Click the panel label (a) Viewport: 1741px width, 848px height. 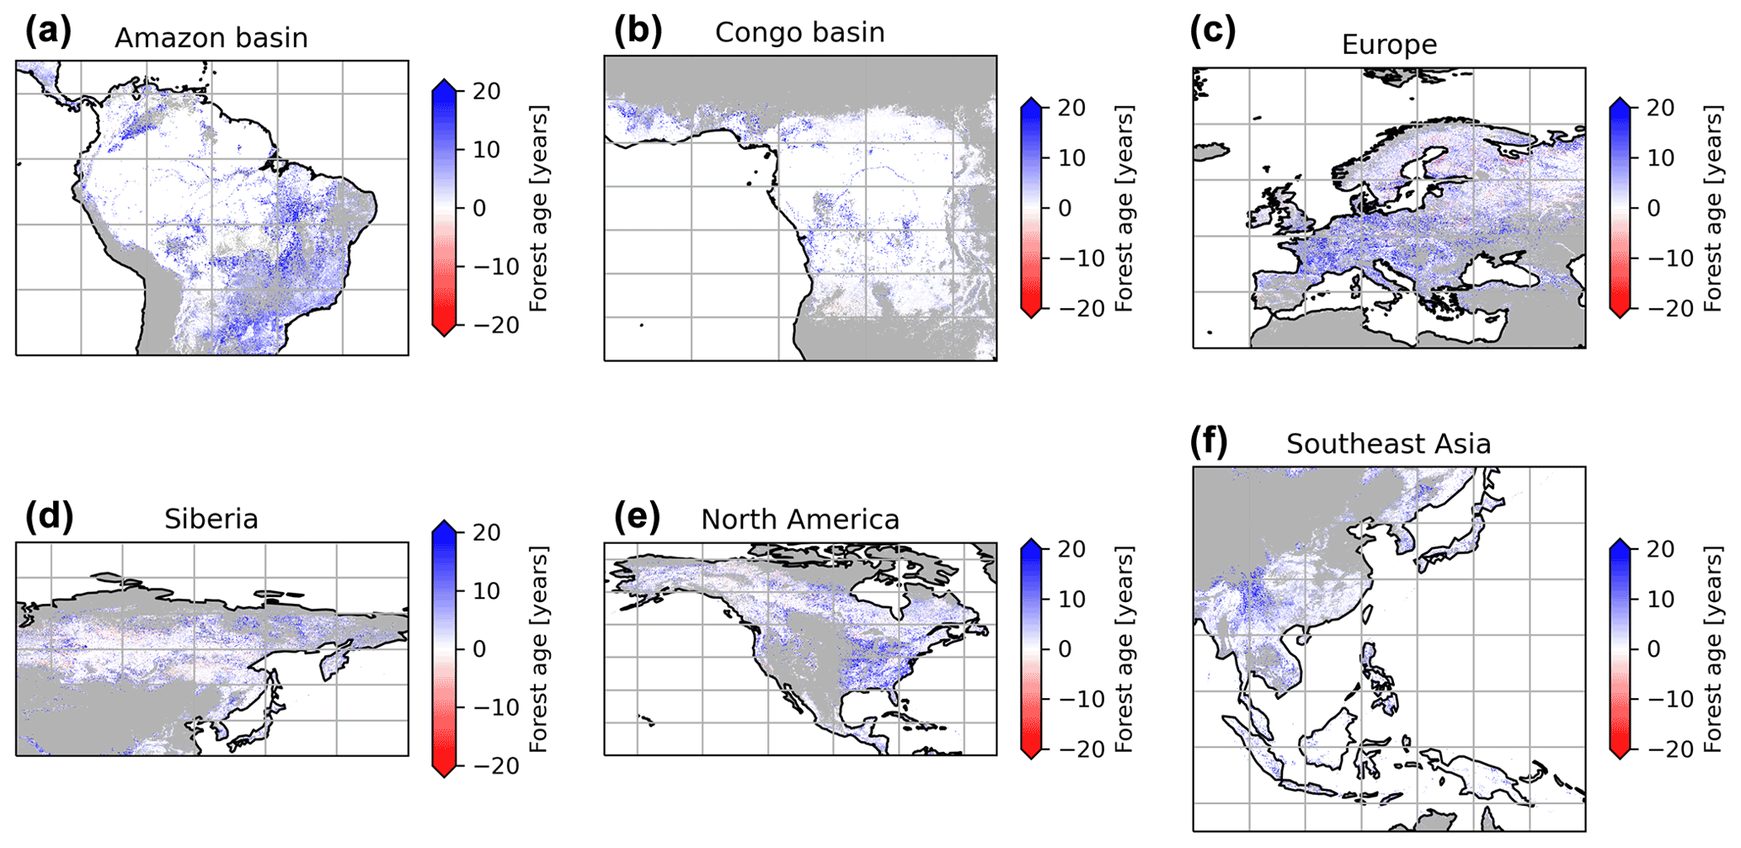coord(48,33)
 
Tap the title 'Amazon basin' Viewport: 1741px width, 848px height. coord(211,39)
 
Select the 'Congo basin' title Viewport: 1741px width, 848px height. coord(799,33)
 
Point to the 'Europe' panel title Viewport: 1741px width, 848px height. coord(1389,45)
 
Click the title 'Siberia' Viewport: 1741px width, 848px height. coord(211,519)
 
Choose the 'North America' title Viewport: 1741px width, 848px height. coord(799,520)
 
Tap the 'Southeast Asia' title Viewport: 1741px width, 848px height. coord(1388,444)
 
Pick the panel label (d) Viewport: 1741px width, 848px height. coord(49,515)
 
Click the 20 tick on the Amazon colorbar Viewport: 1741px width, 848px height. coord(487,92)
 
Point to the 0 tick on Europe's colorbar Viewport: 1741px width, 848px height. coord(1653,208)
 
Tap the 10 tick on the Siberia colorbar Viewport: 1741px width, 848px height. coord(487,591)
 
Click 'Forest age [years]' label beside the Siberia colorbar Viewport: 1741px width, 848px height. coord(539,649)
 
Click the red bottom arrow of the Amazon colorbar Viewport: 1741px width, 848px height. coord(444,329)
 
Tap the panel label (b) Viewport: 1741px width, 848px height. coord(638,31)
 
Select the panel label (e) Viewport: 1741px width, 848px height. coord(638,515)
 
